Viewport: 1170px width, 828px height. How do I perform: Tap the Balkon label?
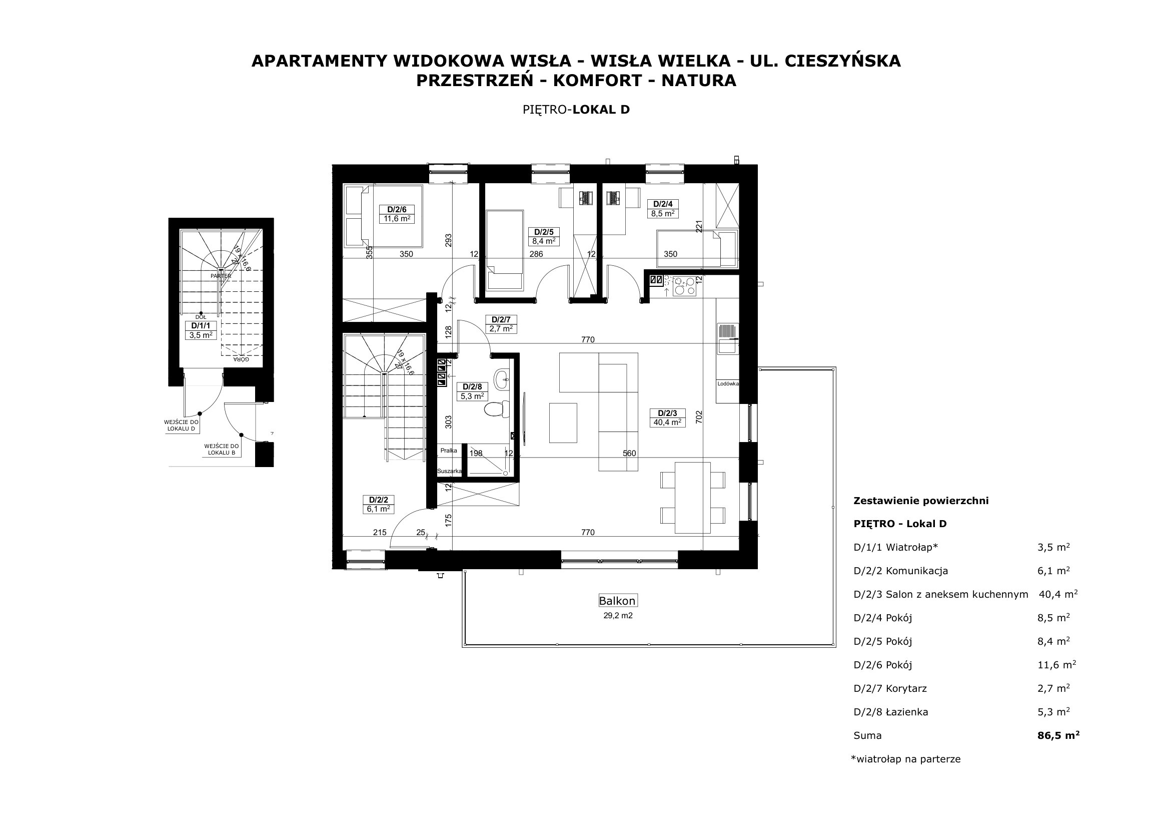click(x=618, y=601)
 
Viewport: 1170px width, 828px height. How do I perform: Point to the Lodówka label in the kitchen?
click(x=728, y=384)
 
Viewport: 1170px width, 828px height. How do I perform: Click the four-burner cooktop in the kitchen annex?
click(x=684, y=286)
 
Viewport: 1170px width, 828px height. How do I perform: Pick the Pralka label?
click(x=449, y=451)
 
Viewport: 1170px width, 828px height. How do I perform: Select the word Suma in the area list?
click(x=867, y=736)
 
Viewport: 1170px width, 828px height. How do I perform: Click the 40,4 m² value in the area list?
click(x=1058, y=594)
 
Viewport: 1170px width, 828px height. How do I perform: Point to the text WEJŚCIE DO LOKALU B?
click(x=222, y=449)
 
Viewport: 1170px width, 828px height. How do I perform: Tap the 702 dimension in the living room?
click(x=699, y=418)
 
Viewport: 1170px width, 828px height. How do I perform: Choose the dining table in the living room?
click(x=692, y=498)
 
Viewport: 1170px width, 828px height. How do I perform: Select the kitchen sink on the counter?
click(x=728, y=338)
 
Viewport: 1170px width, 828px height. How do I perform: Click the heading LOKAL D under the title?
click(x=601, y=110)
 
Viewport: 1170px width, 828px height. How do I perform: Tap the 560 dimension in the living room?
click(x=629, y=453)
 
